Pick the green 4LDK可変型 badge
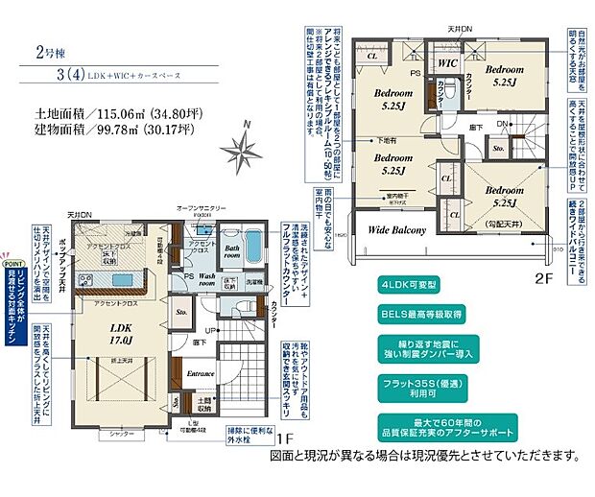pos(412,286)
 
